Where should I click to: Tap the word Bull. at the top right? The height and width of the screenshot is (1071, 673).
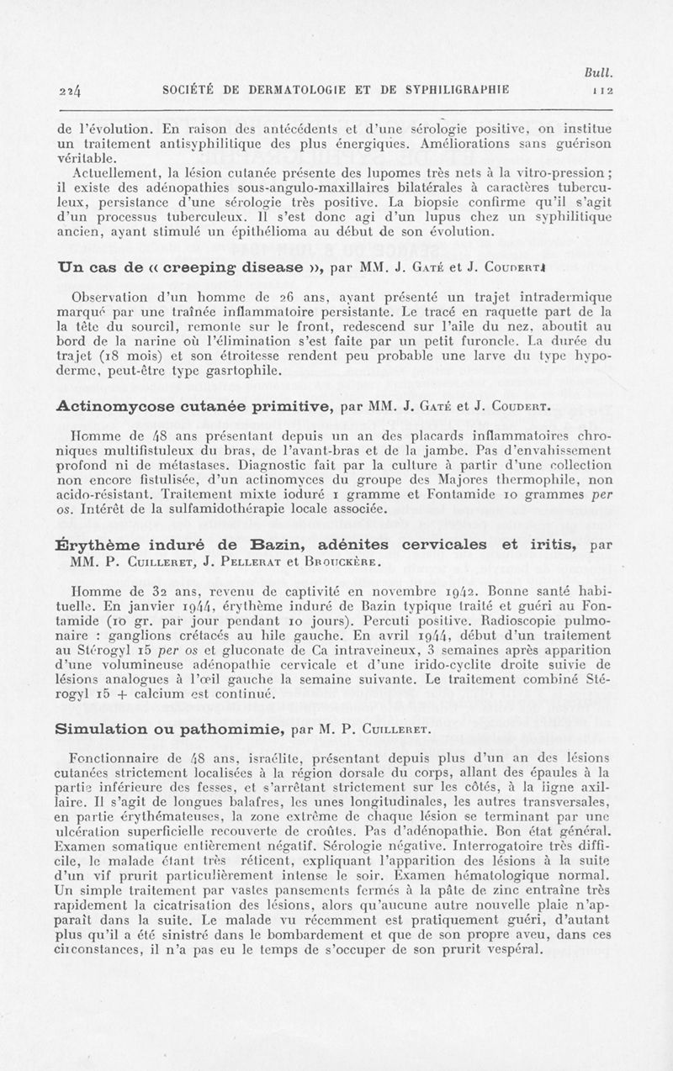point(599,74)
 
